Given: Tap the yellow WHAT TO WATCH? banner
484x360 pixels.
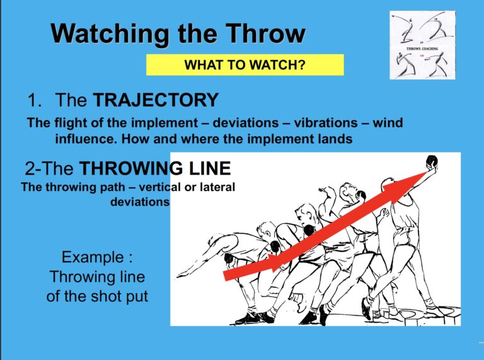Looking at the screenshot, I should coord(245,64).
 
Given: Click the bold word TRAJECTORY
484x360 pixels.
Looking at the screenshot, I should coord(156,100).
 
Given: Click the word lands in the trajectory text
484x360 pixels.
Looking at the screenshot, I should coord(335,139).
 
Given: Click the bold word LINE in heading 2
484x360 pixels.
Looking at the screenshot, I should coord(207,169).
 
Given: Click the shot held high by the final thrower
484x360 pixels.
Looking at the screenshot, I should coord(434,165).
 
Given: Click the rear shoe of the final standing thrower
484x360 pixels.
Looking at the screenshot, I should coord(367,308).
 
